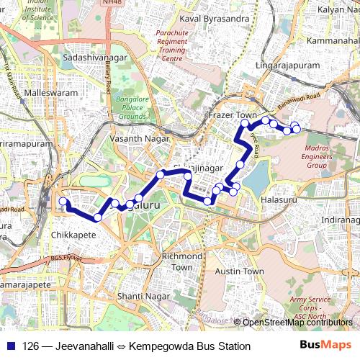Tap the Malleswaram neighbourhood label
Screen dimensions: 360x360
(x=50, y=94)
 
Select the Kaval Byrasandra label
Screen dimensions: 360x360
(x=210, y=17)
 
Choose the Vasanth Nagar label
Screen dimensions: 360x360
(x=139, y=138)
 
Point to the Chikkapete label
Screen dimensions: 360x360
(x=76, y=235)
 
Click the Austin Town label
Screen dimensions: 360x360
(x=240, y=271)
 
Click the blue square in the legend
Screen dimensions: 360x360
(x=10, y=346)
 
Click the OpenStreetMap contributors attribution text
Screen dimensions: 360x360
(x=297, y=322)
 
